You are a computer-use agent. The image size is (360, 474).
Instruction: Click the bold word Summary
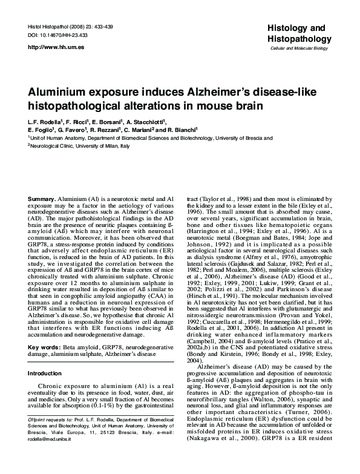coord(41,199)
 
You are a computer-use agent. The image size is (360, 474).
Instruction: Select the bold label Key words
coord(43,347)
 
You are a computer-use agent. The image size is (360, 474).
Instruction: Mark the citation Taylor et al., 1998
coord(220,199)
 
